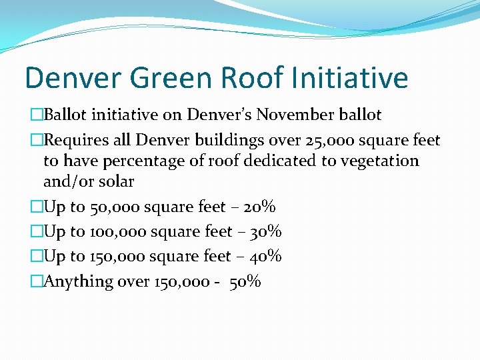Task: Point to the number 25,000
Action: tap(321, 140)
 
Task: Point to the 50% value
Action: tap(245, 281)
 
